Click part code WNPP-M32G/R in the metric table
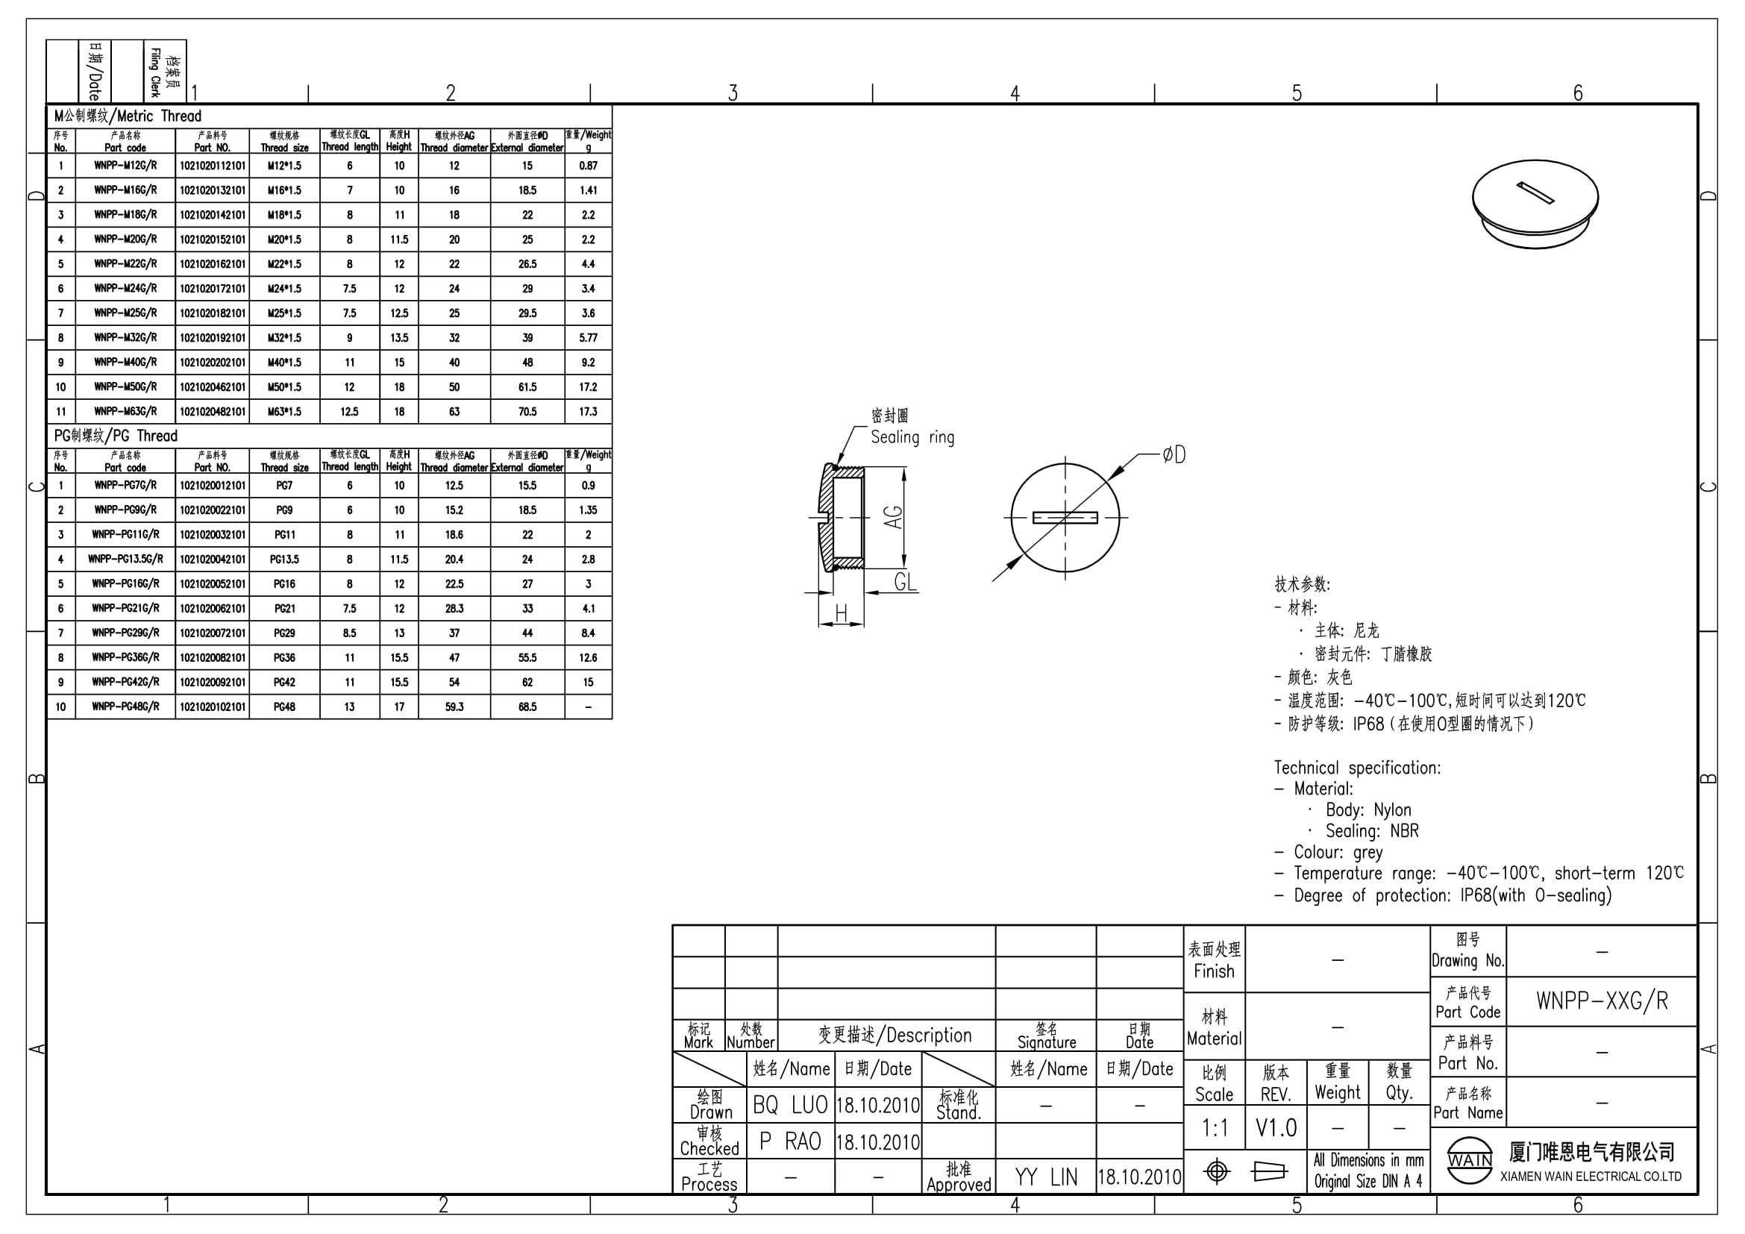pos(125,337)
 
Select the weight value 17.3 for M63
pos(588,412)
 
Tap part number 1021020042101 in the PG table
pos(213,560)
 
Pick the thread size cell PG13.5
pos(284,560)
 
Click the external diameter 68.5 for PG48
pos(527,707)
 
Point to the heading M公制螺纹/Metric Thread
pos(128,116)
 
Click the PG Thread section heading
pos(116,436)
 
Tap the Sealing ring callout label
pos(912,437)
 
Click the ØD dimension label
pos(1174,454)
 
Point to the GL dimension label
pos(905,582)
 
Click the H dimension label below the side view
pos(841,613)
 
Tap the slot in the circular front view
pos(1065,519)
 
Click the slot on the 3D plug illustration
pos(1535,193)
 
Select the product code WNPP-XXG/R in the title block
pos(1602,1001)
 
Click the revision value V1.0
pos(1276,1127)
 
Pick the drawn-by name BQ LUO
pos(790,1105)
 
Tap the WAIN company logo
pos(1470,1160)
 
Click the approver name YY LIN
pos(1046,1177)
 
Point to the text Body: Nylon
pos(1368,810)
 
